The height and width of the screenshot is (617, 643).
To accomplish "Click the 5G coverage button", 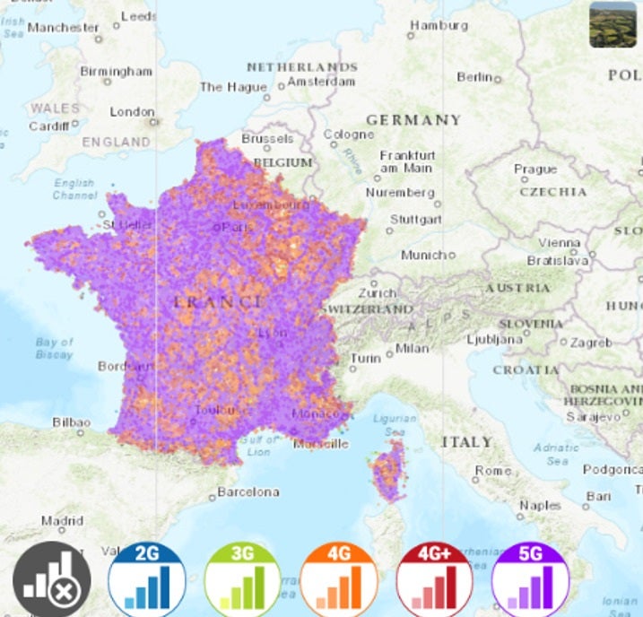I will (x=530, y=579).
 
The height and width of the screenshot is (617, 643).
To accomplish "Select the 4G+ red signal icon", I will (x=434, y=579).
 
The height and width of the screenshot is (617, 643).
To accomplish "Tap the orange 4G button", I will (x=338, y=579).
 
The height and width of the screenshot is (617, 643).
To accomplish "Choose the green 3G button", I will (x=242, y=579).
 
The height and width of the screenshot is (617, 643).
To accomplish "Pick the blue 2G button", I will (x=146, y=579).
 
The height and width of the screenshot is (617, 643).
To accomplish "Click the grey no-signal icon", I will (x=51, y=579).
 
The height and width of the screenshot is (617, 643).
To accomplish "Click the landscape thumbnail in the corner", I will (x=613, y=25).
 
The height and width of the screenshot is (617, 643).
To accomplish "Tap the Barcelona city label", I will (x=248, y=491).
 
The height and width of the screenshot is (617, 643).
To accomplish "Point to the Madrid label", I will (x=62, y=520).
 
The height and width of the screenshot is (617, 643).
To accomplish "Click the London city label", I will (x=132, y=112).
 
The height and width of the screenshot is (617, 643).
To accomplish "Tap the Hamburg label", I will (x=439, y=25).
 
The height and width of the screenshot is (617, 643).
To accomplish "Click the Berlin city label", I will (x=474, y=77).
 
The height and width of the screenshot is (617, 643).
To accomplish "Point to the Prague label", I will (x=535, y=169).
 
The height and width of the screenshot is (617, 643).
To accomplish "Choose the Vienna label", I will (x=559, y=243).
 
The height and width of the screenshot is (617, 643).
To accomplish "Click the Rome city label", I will (x=493, y=470).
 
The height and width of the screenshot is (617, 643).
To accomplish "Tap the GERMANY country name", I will (x=413, y=119).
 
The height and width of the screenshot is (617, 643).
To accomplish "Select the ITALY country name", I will (x=466, y=441).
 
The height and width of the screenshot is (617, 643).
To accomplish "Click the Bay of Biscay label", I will (x=55, y=348).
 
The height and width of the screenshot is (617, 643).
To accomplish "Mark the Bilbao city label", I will (x=71, y=421).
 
